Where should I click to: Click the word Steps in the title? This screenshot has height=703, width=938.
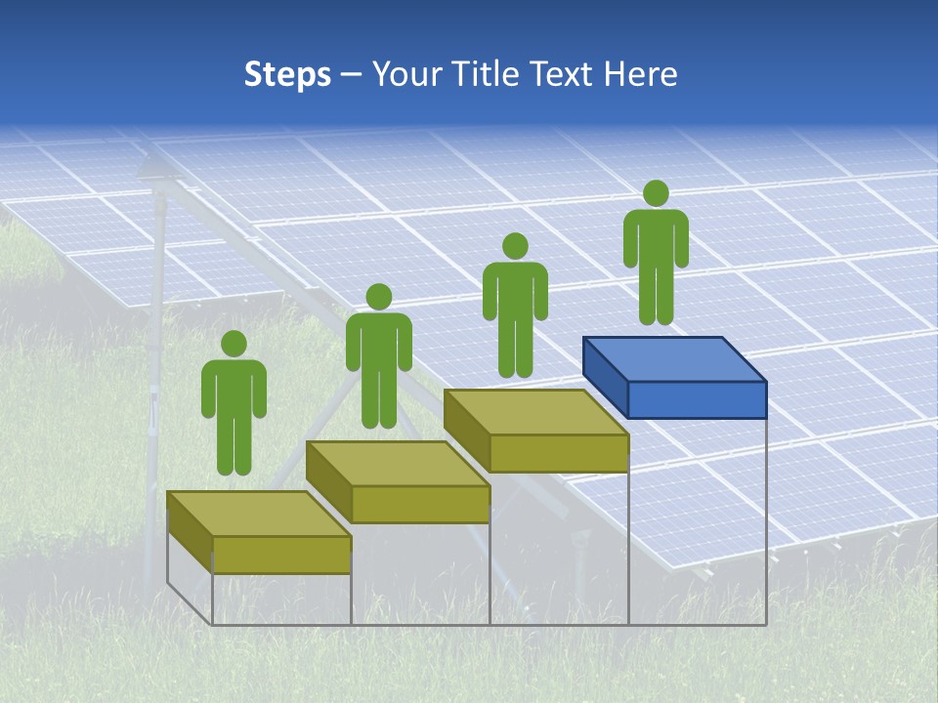(x=287, y=74)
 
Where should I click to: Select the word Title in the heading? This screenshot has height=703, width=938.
(x=490, y=74)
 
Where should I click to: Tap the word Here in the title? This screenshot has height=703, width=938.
(x=641, y=74)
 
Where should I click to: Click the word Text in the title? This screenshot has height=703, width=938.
(x=564, y=74)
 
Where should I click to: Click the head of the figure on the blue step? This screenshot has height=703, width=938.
(x=656, y=193)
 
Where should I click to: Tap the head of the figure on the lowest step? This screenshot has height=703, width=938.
(x=234, y=344)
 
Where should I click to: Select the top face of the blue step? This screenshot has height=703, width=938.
(x=674, y=359)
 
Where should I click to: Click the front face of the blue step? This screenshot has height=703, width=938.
(x=697, y=400)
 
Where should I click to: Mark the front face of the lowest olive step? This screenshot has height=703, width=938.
(x=281, y=555)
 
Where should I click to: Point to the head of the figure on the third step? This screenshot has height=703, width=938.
(x=515, y=245)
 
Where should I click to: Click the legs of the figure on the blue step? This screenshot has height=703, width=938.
(x=656, y=293)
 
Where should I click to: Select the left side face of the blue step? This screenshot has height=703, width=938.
(x=605, y=376)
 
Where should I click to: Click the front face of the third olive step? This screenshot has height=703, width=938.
(x=558, y=453)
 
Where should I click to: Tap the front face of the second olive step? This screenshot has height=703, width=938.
(x=420, y=504)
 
